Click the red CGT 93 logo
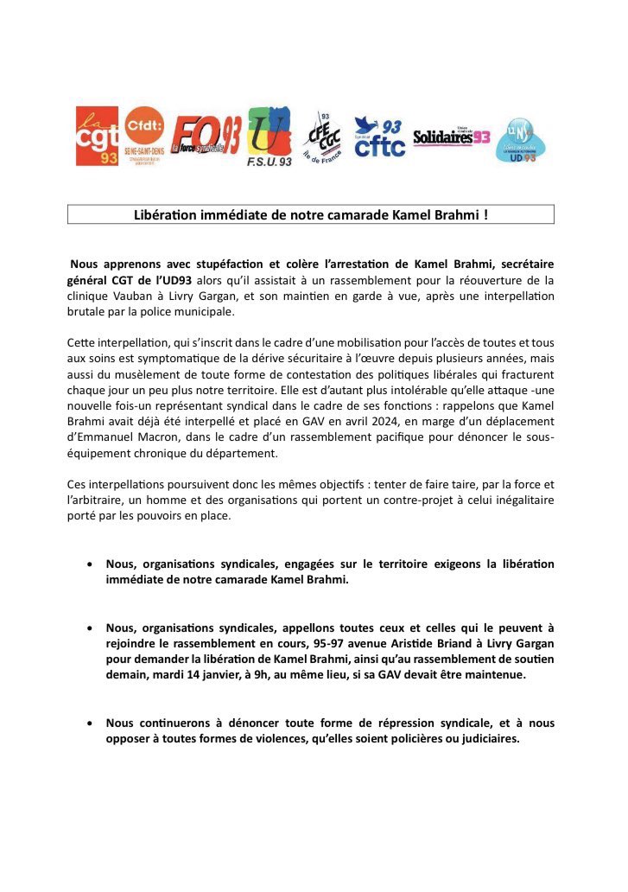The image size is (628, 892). tap(97, 135)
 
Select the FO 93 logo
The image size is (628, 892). tap(204, 135)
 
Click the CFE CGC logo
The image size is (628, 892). tap(325, 137)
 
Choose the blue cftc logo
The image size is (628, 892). tap(379, 137)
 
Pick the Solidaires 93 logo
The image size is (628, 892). tap(451, 137)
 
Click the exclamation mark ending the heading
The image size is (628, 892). tap(485, 214)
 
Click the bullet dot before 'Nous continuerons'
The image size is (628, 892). tap(91, 723)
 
